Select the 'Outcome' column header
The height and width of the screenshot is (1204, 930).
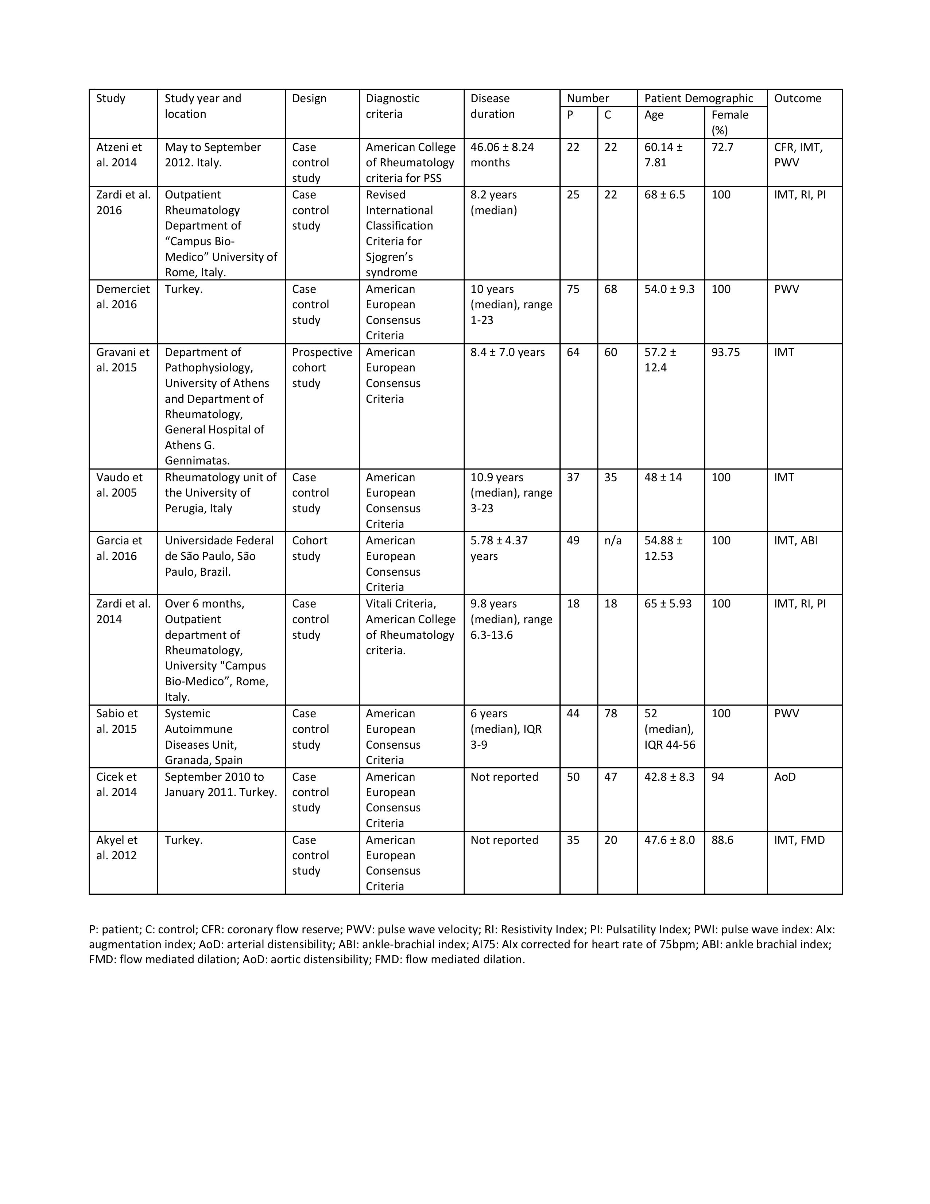coord(797,98)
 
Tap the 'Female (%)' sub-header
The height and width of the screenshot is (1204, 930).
coord(729,122)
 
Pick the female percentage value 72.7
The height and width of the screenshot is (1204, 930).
coord(722,147)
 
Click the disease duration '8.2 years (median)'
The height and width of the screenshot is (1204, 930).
coord(494,202)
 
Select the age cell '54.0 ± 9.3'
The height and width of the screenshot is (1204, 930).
coord(669,289)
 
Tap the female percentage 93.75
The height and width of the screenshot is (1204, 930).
coord(726,352)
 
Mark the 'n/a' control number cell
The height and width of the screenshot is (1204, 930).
coord(613,540)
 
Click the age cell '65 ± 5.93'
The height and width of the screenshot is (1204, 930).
coord(668,604)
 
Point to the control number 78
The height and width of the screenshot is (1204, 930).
coord(611,713)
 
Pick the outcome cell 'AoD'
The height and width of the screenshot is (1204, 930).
coord(784,777)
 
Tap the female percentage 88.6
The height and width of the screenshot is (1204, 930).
coord(722,840)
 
